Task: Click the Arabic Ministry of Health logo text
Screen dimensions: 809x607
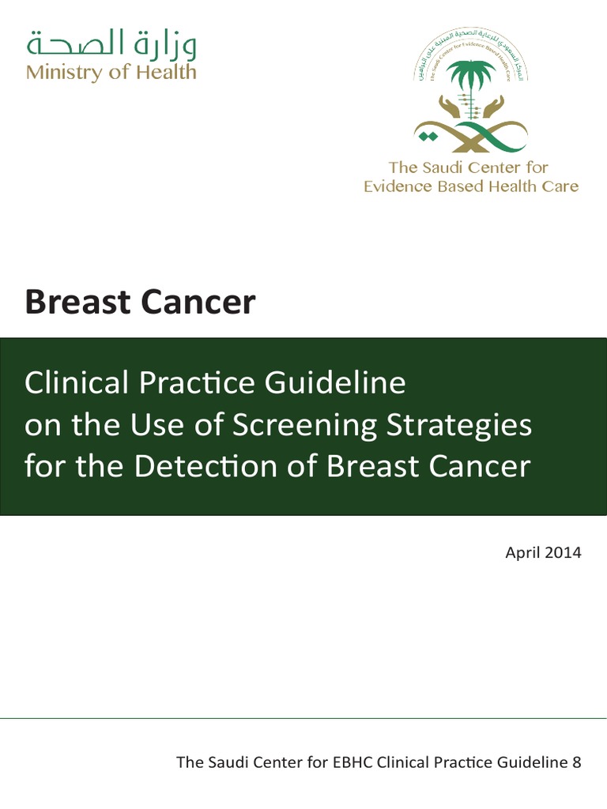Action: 111,43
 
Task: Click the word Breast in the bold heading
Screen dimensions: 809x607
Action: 76,303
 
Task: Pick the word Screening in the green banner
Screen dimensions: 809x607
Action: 307,425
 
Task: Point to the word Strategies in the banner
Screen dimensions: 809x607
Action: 462,425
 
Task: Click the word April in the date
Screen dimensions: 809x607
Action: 522,552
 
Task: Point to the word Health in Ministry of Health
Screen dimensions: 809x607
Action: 166,72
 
